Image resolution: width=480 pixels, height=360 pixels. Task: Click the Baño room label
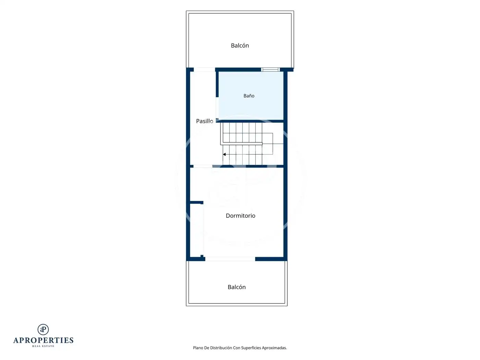click(x=249, y=96)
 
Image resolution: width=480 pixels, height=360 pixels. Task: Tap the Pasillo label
click(x=204, y=121)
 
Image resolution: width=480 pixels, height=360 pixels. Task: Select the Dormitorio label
click(x=240, y=216)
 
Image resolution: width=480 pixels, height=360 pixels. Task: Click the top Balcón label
click(x=240, y=46)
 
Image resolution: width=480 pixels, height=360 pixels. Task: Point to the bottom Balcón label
click(x=236, y=287)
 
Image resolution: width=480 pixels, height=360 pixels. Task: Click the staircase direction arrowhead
click(x=224, y=154)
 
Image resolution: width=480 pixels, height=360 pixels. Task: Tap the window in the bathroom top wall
click(x=270, y=70)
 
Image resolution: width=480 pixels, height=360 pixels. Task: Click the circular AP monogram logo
click(x=43, y=329)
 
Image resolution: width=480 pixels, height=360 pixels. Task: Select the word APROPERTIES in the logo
click(x=43, y=340)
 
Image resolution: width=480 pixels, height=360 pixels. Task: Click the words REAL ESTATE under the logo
click(x=43, y=346)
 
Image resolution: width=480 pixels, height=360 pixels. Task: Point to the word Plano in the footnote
click(x=198, y=348)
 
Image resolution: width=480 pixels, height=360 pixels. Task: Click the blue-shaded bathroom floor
click(x=251, y=107)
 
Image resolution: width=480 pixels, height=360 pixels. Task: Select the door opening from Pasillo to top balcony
click(x=204, y=70)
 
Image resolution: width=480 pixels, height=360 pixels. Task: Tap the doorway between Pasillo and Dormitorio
click(x=203, y=166)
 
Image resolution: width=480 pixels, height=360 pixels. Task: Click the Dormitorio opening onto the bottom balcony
click(x=230, y=259)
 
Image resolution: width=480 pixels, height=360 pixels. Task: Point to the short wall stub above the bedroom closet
click(x=196, y=202)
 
